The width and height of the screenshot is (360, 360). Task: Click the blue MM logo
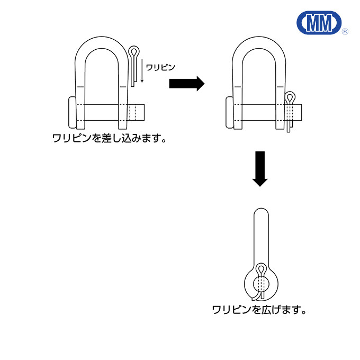(319, 22)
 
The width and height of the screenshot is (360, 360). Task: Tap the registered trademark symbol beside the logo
(345, 31)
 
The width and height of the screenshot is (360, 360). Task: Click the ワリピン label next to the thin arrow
(160, 68)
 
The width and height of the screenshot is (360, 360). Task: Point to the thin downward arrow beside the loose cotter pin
(142, 70)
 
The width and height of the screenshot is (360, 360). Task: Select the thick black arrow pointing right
(187, 83)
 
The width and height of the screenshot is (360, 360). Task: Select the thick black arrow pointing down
(260, 169)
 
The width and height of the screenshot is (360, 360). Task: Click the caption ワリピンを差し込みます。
(110, 138)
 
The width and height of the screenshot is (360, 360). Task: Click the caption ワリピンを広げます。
(259, 310)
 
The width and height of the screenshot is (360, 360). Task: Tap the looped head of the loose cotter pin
(134, 51)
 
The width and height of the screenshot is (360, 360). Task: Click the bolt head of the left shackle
(73, 112)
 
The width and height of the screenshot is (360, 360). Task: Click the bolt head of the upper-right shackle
(230, 112)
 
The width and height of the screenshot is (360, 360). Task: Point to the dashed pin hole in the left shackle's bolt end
(133, 112)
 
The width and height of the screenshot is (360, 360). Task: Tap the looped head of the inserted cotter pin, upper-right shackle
(290, 97)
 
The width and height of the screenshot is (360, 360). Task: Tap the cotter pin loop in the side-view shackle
(261, 269)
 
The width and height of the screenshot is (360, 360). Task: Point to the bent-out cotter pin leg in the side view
(256, 296)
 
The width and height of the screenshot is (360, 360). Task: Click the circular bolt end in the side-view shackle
(261, 284)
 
